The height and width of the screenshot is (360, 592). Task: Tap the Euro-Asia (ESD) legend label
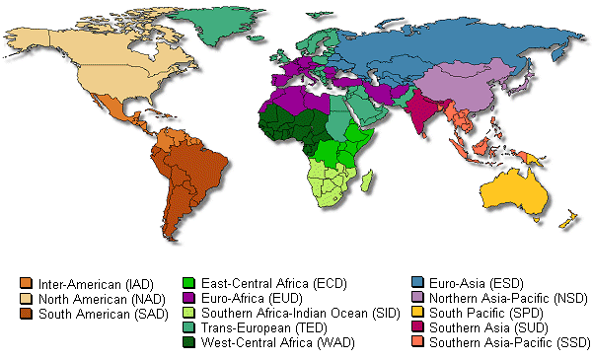pos(459,284)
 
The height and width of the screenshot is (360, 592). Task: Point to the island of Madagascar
pos(366,180)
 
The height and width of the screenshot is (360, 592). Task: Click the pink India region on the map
pos(425,113)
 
